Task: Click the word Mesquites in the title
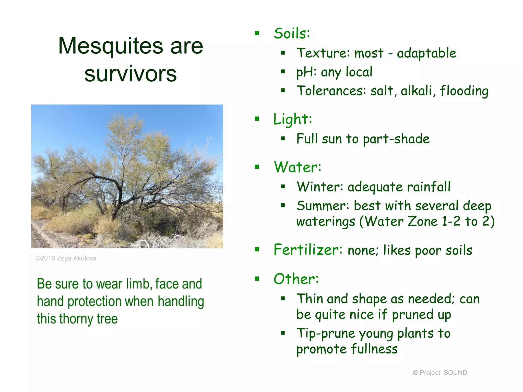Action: (110, 46)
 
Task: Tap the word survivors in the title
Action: (130, 74)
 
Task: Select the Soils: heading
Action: (292, 33)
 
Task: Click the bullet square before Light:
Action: (257, 119)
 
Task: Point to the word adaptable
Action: (426, 53)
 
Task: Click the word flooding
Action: (464, 91)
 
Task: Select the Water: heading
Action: (297, 167)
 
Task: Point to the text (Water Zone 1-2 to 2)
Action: (427, 221)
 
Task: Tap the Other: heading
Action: (296, 279)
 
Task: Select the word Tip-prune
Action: (326, 333)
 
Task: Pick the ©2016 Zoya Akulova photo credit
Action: (66, 258)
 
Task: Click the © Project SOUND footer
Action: (440, 373)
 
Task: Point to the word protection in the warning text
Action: (94, 301)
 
